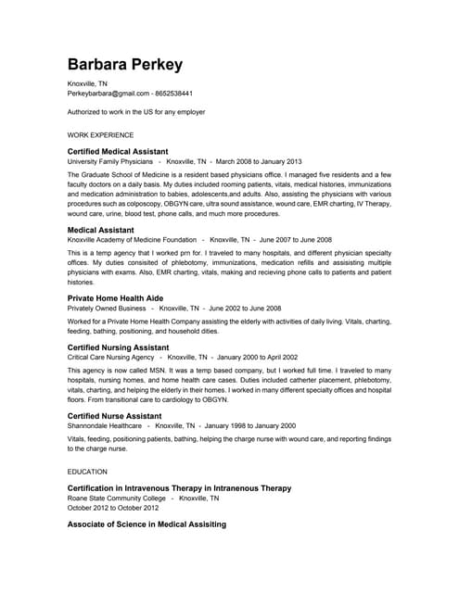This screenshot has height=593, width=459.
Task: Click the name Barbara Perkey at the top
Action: click(x=124, y=65)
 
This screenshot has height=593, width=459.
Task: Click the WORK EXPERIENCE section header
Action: click(x=100, y=135)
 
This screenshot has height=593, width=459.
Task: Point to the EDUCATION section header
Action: click(x=87, y=472)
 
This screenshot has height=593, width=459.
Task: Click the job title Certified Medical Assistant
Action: click(x=118, y=151)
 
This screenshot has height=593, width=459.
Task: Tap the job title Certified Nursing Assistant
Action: click(x=119, y=347)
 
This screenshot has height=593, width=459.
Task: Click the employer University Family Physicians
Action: click(x=108, y=161)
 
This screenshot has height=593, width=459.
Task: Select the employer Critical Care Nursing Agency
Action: click(x=111, y=357)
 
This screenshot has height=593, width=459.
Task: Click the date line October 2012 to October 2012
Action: click(x=113, y=508)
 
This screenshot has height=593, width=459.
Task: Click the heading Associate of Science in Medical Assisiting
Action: click(x=147, y=524)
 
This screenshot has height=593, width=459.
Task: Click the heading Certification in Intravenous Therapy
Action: click(x=179, y=487)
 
